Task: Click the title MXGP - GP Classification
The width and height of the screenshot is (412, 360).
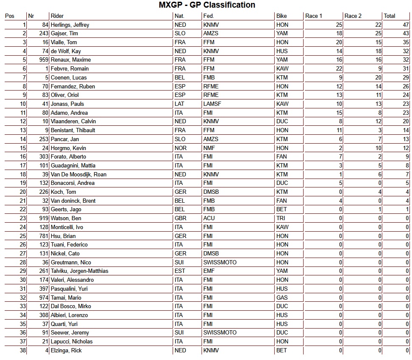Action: coord(207,5)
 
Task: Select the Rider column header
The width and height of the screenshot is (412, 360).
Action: coord(57,16)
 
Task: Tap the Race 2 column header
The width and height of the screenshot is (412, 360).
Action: coord(353,16)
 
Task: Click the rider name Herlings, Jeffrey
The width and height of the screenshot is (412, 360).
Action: coord(70,25)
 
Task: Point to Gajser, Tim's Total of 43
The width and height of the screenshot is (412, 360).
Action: coord(406,34)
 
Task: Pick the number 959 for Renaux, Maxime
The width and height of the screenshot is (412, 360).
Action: coord(43,60)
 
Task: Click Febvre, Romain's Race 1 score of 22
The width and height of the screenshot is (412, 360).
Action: coord(339,69)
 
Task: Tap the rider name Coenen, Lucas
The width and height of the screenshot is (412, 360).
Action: coord(68,78)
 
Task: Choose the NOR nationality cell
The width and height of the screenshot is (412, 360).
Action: coord(180,148)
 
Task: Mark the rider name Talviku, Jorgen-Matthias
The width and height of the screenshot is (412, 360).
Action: coord(80,271)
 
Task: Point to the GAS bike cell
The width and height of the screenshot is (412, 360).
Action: coord(282,298)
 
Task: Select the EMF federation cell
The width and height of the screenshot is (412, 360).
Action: coord(210,271)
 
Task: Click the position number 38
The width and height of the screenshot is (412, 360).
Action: coord(23,351)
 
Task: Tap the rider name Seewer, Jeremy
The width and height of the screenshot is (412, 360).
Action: coord(70,333)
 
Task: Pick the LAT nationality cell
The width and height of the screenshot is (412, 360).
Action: coord(179,104)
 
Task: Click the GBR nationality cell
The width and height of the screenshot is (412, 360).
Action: coord(180,218)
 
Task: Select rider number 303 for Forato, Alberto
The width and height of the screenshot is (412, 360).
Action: coord(43,157)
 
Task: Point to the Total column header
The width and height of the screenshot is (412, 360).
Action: coord(389,16)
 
